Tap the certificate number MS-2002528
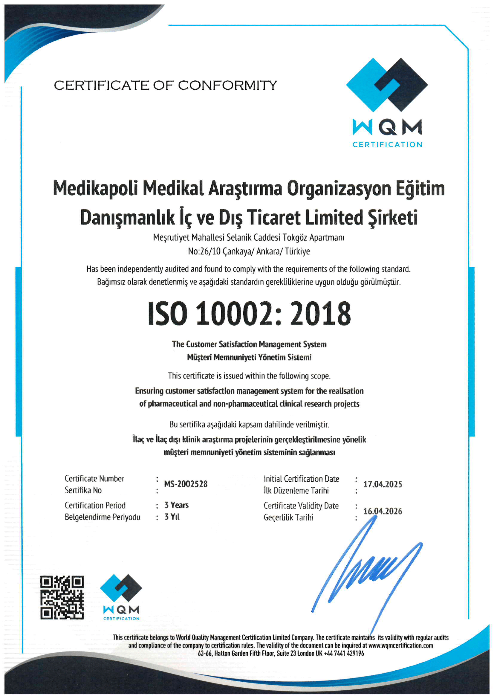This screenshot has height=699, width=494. coord(186,484)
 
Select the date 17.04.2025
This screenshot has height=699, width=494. coord(383,484)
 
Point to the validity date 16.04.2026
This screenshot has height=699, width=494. coord(383,511)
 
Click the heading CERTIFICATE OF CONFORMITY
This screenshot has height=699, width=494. coord(166,86)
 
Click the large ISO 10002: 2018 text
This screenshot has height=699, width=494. coord(249,314)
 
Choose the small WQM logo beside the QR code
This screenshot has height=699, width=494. coord(121,597)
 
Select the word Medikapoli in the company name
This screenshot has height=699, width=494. coord(95,188)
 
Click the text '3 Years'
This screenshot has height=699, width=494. coord(177,505)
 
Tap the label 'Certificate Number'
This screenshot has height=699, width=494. coord(94,479)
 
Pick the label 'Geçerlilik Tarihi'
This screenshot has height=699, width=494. coord(288,517)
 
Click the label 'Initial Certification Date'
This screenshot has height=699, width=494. coord(301,479)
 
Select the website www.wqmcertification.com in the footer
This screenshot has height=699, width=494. coord(400,645)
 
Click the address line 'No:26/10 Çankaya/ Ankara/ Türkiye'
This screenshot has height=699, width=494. coord(249,251)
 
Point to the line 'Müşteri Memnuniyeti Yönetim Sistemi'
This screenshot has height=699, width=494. coord(249,357)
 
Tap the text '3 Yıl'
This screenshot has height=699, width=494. coord(172,517)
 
